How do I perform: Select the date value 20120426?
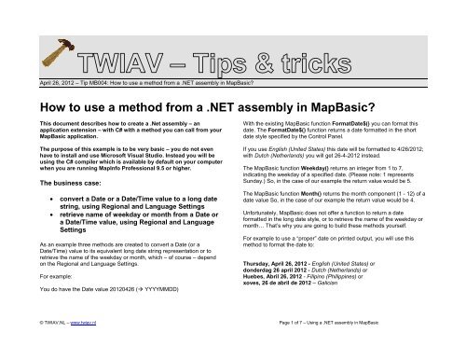(128, 317)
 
